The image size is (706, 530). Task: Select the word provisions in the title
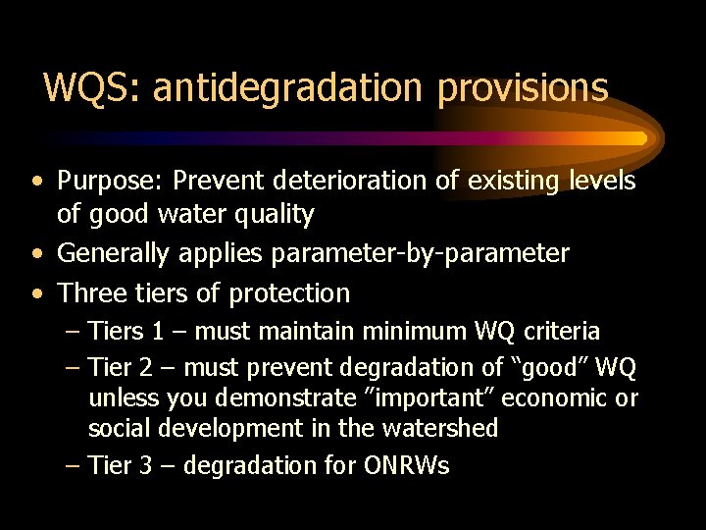click(524, 88)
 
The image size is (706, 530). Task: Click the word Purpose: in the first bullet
click(109, 182)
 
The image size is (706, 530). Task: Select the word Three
click(91, 292)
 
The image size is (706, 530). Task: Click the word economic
click(558, 398)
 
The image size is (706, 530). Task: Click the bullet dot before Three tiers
click(36, 293)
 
